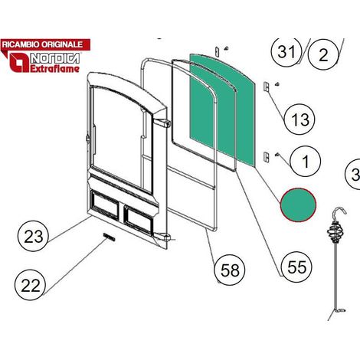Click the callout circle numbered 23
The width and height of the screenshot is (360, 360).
pyautogui.click(x=33, y=236)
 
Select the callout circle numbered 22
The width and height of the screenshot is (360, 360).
pyautogui.click(x=30, y=285)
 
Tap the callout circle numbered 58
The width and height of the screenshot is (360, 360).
pyautogui.click(x=230, y=270)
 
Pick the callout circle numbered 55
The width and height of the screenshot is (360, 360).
pyautogui.click(x=296, y=267)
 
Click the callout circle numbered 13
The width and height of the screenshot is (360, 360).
pyautogui.click(x=299, y=119)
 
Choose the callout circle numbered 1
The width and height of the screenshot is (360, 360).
pyautogui.click(x=305, y=161)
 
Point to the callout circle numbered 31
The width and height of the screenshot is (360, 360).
pyautogui.click(x=286, y=51)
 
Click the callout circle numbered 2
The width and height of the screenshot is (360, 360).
pyautogui.click(x=323, y=54)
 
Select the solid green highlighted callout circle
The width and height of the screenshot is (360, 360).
pyautogui.click(x=298, y=205)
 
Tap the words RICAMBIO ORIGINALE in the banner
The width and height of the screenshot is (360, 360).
pyautogui.click(x=42, y=44)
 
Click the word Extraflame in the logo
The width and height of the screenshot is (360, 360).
pyautogui.click(x=55, y=69)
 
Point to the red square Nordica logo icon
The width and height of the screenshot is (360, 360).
pyautogui.click(x=19, y=62)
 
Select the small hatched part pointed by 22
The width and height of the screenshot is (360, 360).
pyautogui.click(x=109, y=237)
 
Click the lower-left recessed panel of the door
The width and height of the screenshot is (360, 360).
pyautogui.click(x=105, y=205)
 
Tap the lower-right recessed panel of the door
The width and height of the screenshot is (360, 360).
pyautogui.click(x=139, y=220)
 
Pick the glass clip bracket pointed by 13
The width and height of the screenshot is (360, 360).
pyautogui.click(x=266, y=87)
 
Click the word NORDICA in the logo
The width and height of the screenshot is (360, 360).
pyautogui.click(x=55, y=59)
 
